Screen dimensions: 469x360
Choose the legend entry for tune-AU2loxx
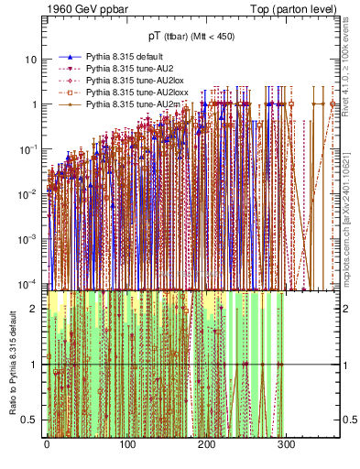tap(125, 93)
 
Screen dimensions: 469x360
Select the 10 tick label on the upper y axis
tap(30, 60)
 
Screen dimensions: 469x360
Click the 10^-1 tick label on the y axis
tap(28, 148)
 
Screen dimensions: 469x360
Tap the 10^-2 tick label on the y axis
tap(28, 192)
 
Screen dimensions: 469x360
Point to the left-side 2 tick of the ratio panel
tap(36, 308)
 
